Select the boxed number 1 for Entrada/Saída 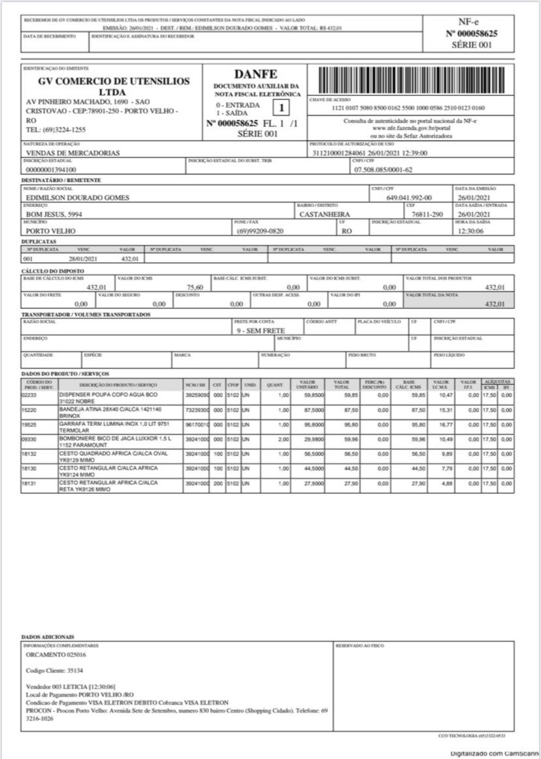(x=282, y=108)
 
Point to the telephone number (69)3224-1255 (x=56, y=130)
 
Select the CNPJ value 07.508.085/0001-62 (x=383, y=170)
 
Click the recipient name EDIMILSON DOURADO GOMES (x=77, y=197)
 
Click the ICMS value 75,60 (x=195, y=287)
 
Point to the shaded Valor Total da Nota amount (x=495, y=304)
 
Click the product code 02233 (x=30, y=395)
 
